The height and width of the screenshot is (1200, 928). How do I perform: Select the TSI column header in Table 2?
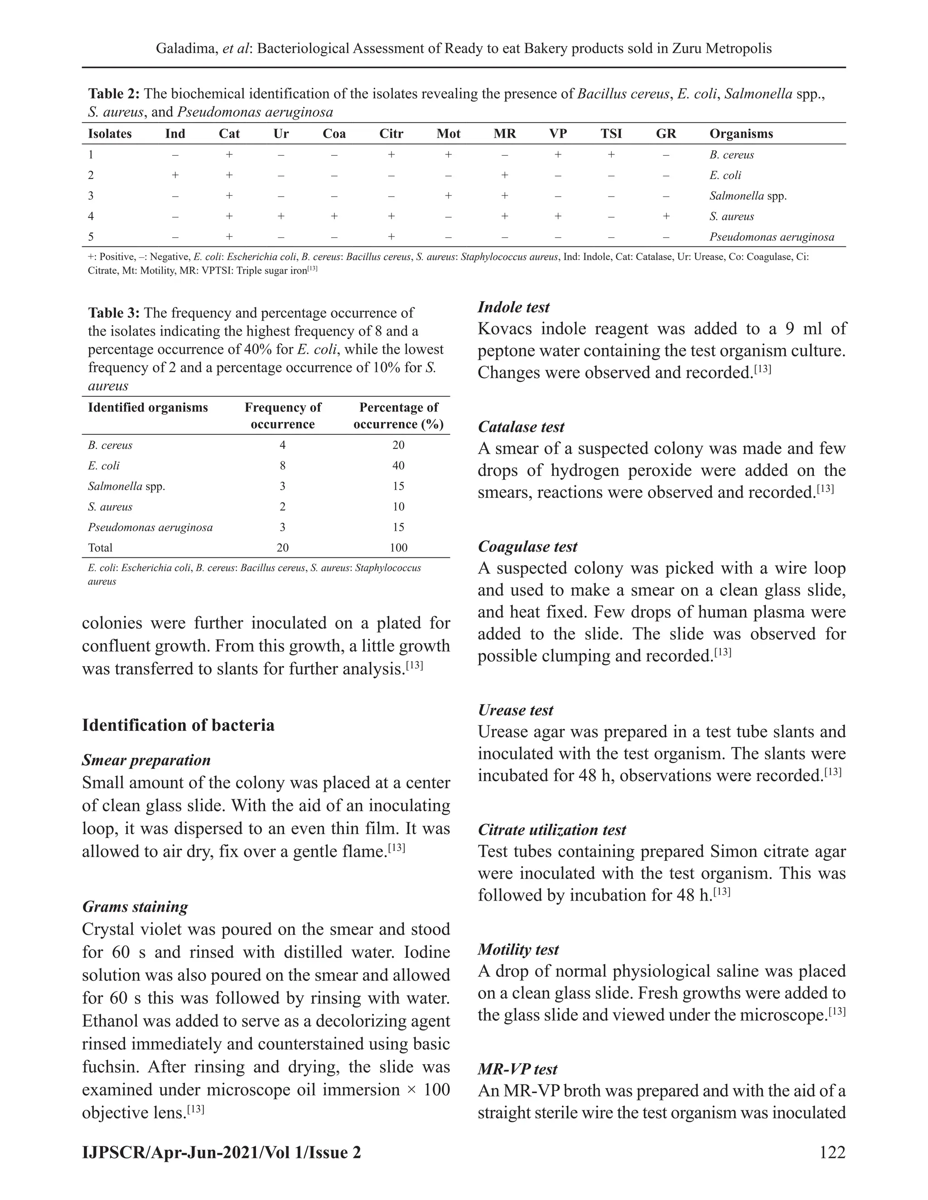tap(611, 134)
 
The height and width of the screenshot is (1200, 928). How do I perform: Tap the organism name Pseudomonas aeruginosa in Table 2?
tap(771, 237)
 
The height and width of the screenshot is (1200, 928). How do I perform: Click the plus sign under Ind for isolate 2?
tap(175, 175)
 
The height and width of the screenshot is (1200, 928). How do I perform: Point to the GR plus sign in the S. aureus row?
tap(666, 216)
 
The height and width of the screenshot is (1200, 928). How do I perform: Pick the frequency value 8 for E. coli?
tap(283, 466)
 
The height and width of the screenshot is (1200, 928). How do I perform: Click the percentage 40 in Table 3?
tap(398, 466)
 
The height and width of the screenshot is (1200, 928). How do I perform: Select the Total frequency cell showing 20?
tap(283, 547)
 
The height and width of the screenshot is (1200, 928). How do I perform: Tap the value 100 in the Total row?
tap(398, 547)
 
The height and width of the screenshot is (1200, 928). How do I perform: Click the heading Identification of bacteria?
tap(178, 725)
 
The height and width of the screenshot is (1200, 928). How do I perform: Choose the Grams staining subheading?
tap(135, 907)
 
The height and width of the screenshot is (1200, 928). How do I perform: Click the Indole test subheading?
tap(513, 307)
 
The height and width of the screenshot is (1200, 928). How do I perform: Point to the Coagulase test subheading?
tap(527, 546)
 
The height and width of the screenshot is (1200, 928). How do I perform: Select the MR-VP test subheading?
tap(517, 1069)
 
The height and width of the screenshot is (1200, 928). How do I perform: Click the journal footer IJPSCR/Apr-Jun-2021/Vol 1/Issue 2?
tap(222, 1152)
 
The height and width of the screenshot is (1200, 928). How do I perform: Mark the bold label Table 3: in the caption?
tap(114, 313)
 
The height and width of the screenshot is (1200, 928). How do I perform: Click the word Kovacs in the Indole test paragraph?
tap(505, 329)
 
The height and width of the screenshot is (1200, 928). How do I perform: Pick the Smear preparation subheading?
tap(146, 760)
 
